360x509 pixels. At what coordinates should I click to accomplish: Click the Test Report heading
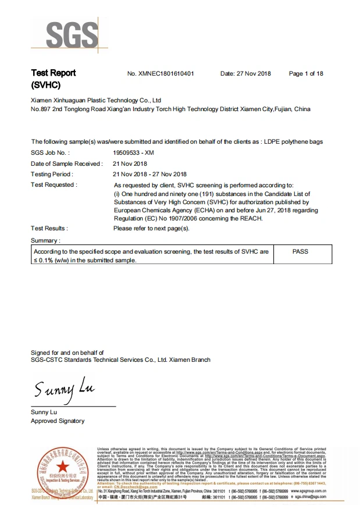(x=53, y=73)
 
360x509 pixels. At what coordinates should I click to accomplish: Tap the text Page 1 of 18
(x=306, y=74)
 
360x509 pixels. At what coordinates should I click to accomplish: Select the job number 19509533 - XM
(x=133, y=152)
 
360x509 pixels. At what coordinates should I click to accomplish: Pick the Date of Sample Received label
(x=66, y=163)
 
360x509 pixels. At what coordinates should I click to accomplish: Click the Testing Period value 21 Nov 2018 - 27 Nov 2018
(x=149, y=174)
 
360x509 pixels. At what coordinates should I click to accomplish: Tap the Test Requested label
(x=54, y=184)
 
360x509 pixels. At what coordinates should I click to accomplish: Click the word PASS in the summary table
(x=301, y=251)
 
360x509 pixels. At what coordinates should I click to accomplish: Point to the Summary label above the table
(x=45, y=240)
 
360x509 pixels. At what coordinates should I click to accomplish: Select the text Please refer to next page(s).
(x=151, y=229)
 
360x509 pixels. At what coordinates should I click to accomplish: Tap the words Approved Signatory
(x=57, y=421)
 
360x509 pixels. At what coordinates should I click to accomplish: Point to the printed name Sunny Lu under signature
(x=44, y=412)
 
